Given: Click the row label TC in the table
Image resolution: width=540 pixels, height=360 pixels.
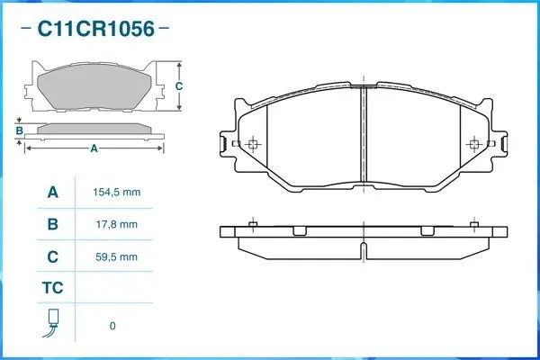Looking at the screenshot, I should click(x=52, y=288).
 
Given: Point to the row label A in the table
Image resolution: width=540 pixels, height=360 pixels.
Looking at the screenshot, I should click(x=52, y=193).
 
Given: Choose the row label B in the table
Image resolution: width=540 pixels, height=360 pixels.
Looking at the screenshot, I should click(x=52, y=224).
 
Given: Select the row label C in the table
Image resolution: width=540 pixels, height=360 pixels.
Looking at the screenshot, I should click(x=52, y=256).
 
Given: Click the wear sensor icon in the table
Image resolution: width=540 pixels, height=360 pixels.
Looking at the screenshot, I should click(x=53, y=324).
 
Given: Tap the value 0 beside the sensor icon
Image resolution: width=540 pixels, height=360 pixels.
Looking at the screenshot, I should click(x=112, y=325).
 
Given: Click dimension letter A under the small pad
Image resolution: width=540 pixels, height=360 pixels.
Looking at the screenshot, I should click(x=94, y=148).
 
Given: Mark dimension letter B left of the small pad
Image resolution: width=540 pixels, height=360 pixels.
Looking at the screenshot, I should click(x=19, y=131).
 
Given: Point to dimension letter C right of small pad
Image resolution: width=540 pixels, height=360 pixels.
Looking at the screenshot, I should click(x=179, y=85).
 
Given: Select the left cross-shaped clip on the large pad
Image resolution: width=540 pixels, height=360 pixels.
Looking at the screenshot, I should click(x=252, y=145).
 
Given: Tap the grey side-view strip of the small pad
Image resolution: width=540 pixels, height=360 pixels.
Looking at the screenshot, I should click(x=94, y=129).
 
